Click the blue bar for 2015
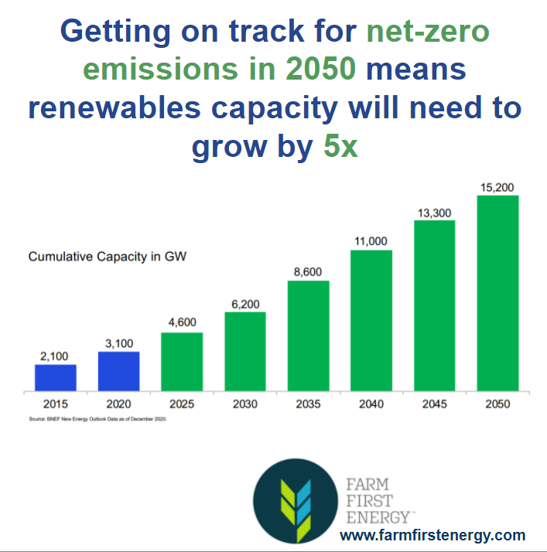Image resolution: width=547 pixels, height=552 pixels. (x=56, y=378)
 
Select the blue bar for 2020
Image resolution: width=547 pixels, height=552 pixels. (x=118, y=372)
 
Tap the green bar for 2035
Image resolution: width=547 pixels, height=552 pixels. (x=308, y=336)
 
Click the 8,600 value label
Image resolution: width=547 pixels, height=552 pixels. (x=308, y=272)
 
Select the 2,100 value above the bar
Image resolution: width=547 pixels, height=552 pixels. (x=56, y=356)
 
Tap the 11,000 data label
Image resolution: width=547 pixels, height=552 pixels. (x=371, y=242)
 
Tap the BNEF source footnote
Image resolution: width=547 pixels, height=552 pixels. (x=101, y=418)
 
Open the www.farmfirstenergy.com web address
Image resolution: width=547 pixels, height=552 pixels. (x=432, y=535)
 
